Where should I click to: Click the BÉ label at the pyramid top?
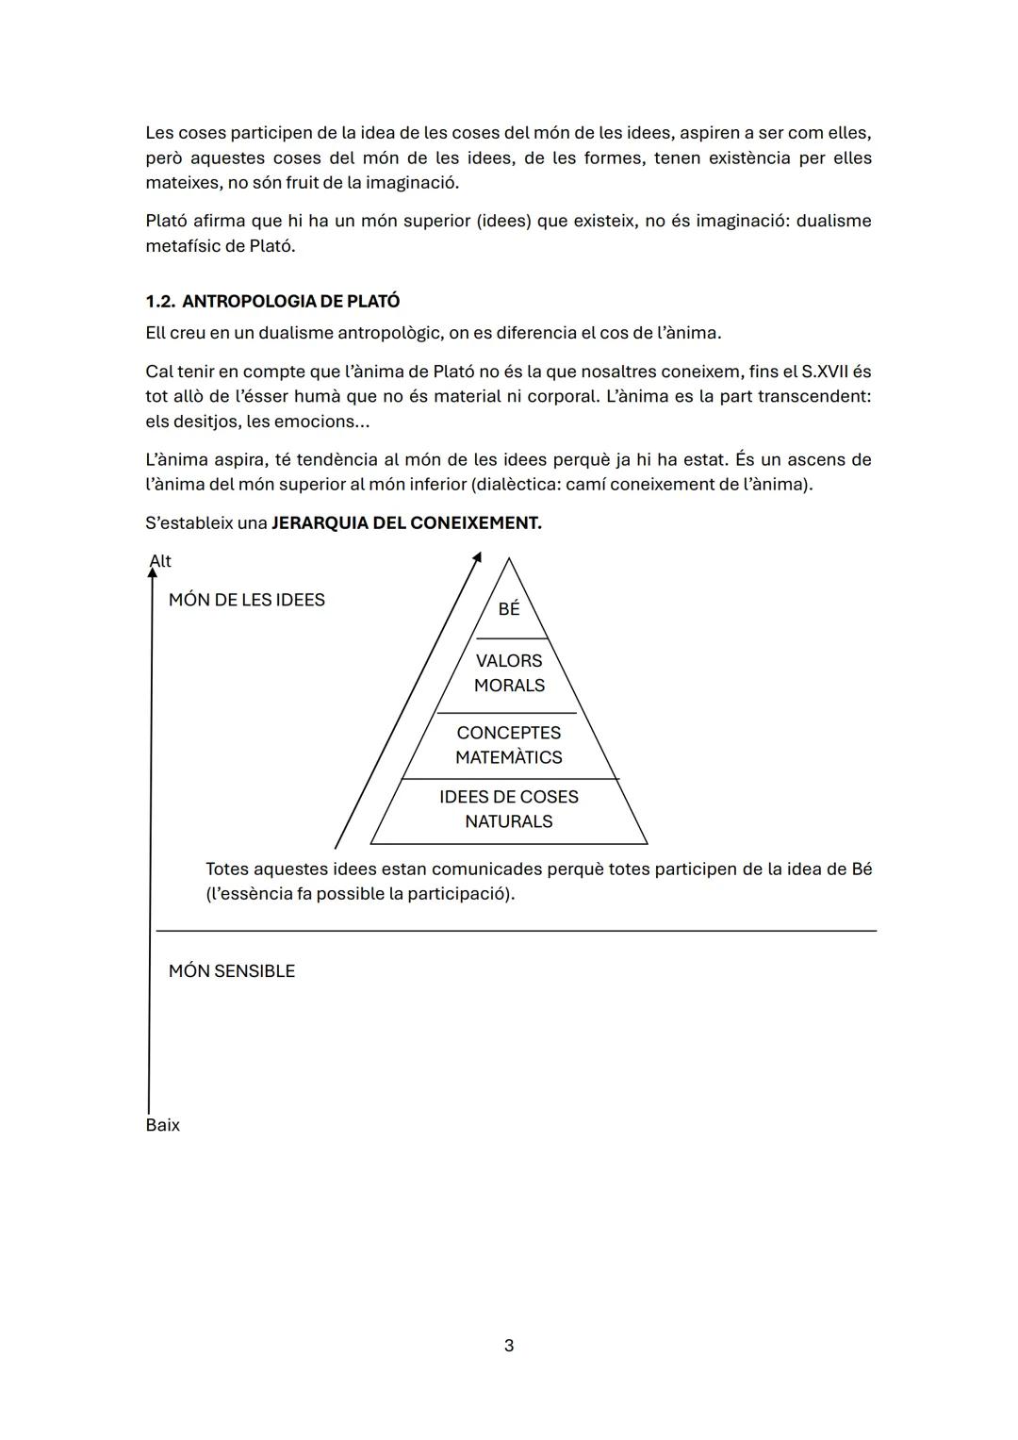[x=509, y=609]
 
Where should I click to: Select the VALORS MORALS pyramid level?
[x=509, y=673]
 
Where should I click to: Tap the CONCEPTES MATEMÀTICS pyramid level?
[x=509, y=745]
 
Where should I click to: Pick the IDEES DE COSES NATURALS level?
[x=509, y=809]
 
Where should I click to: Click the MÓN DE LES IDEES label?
[x=247, y=600]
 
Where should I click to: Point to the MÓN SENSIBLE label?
[x=232, y=971]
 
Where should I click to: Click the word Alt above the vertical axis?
[x=161, y=561]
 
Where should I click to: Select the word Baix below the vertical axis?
[x=163, y=1125]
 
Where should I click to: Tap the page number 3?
[x=509, y=1346]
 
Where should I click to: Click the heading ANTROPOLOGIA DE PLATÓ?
[x=290, y=302]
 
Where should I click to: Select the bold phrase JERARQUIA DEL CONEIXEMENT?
[x=406, y=523]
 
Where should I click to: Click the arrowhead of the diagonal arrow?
[x=477, y=558]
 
